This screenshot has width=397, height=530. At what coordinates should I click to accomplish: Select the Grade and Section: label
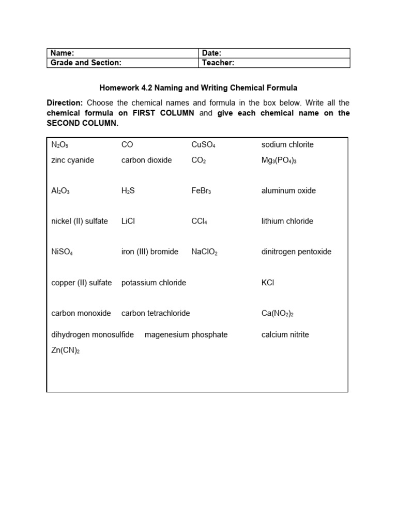coord(86,63)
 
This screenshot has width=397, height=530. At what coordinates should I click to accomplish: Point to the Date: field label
coord(212,53)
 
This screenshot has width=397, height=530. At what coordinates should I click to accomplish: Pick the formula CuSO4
coord(203,145)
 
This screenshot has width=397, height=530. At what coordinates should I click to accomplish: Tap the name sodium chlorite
coord(287,144)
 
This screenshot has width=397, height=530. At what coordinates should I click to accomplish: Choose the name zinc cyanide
coord(73,160)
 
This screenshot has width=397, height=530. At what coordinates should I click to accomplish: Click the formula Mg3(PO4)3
coord(279,160)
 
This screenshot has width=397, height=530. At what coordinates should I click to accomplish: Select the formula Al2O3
coord(60,191)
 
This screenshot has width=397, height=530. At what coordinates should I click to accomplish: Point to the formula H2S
coord(128,191)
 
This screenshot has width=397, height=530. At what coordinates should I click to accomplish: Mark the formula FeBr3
coord(201,191)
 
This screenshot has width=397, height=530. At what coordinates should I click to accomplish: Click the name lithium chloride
coord(287,221)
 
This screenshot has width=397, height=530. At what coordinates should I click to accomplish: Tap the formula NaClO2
coord(205,252)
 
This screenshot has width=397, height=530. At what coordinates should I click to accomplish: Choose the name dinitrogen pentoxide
coord(297,252)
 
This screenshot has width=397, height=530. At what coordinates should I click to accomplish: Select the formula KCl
coord(268,283)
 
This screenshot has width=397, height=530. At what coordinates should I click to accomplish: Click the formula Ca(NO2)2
coord(278,314)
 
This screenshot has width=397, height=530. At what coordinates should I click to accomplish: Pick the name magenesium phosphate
coord(186,334)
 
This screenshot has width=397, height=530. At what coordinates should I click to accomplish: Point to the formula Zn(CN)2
coord(66,350)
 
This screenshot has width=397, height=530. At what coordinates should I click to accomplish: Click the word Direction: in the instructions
coord(65,102)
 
